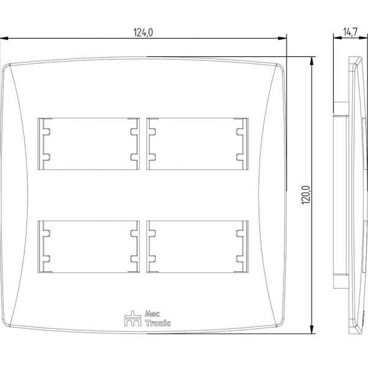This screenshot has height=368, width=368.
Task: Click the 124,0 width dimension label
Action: click(143, 33)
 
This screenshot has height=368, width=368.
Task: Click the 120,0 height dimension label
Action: click(306, 195)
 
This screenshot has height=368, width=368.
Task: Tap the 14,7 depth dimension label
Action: click(350, 32)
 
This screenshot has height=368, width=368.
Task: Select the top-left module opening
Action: click(88, 144)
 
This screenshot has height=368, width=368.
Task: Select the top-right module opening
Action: click(197, 144)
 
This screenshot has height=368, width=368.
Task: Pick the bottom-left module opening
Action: click(88, 247)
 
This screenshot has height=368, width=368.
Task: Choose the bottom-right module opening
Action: click(197, 247)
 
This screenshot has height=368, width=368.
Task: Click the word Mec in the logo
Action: click(152, 313)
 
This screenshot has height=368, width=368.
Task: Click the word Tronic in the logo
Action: click(158, 323)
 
